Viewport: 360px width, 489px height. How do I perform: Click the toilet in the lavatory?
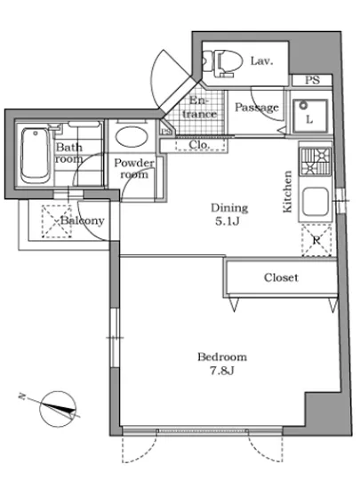(x=222, y=63)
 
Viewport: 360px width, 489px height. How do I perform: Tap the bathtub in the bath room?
(x=36, y=156)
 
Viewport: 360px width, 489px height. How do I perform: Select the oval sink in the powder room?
(x=132, y=136)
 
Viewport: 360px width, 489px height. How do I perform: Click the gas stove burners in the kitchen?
(x=316, y=161)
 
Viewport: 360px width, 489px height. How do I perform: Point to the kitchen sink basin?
(x=316, y=202)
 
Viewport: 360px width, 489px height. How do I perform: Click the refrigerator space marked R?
(x=316, y=241)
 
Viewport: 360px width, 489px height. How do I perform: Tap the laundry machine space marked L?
(x=309, y=116)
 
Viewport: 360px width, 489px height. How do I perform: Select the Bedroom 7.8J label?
(x=222, y=364)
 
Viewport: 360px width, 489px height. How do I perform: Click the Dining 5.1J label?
(x=229, y=214)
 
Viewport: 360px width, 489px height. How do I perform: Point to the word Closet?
(x=281, y=277)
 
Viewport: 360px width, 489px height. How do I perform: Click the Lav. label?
(x=262, y=61)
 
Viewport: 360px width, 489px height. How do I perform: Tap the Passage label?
(x=257, y=108)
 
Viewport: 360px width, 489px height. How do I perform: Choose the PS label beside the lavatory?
(x=312, y=80)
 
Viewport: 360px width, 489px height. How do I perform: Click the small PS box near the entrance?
(x=166, y=132)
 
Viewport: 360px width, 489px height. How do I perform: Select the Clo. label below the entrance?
(x=199, y=145)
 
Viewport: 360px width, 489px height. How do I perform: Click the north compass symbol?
(x=58, y=409)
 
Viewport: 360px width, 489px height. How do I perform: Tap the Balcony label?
(x=83, y=220)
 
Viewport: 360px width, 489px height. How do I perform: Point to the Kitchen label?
(x=287, y=192)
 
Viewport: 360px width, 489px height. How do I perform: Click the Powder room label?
(x=134, y=168)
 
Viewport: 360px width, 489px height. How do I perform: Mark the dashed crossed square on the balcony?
(x=56, y=221)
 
